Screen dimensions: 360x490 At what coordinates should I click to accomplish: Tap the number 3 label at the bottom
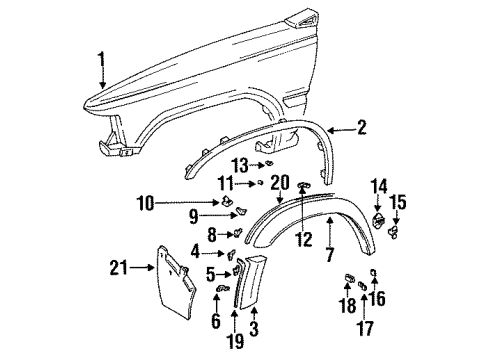pos(252,327)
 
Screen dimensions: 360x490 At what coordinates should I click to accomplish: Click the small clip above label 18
pos(350,277)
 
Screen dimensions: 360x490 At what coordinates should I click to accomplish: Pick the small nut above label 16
pos(372,273)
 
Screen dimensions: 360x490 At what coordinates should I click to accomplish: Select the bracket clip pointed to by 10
pos(235,206)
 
